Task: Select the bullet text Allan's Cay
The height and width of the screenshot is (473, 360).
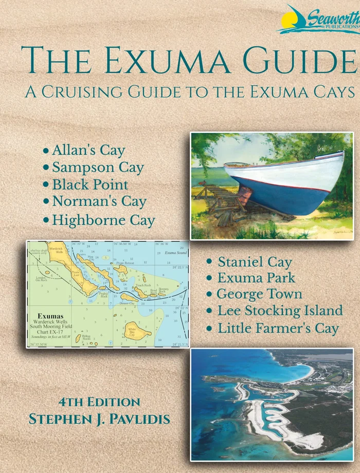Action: (x=88, y=150)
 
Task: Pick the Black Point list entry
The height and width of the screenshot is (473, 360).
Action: (x=90, y=185)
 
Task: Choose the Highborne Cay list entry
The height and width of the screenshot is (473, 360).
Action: (x=103, y=220)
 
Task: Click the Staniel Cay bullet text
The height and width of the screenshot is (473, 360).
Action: (x=255, y=261)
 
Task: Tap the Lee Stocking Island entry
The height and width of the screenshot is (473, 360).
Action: (x=280, y=311)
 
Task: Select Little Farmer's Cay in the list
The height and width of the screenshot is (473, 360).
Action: (x=278, y=328)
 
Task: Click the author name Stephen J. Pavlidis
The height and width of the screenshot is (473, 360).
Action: (x=99, y=419)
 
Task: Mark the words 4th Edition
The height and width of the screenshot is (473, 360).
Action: (x=99, y=402)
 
